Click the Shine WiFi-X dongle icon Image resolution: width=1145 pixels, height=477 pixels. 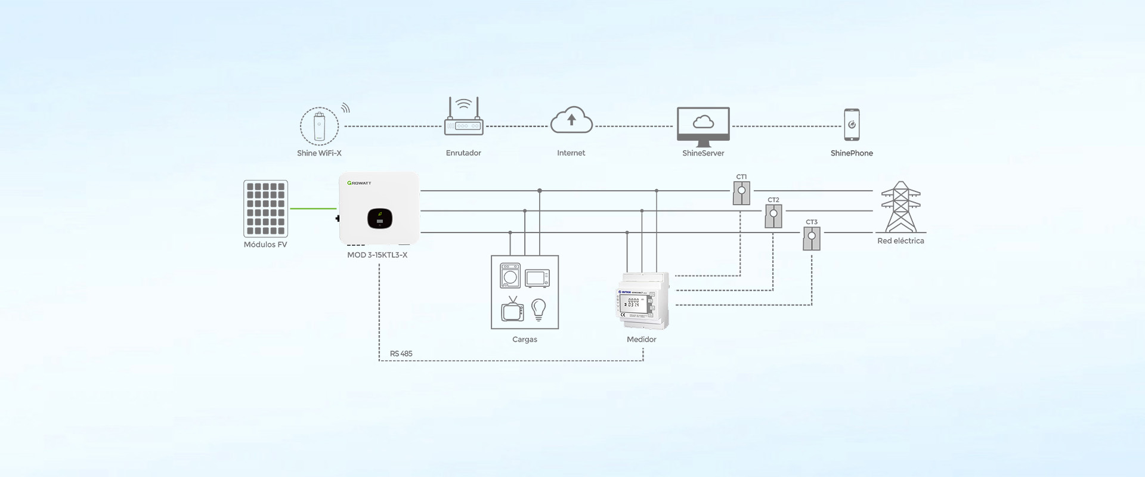[x=319, y=126]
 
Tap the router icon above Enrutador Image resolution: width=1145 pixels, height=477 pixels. [x=463, y=118]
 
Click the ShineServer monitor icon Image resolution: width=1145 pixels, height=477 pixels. [x=703, y=126]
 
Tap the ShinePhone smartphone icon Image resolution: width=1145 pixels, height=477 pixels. [x=852, y=125]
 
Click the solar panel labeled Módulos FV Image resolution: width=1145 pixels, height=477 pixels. [x=265, y=209]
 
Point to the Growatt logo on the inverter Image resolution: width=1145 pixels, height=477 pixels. [x=359, y=183]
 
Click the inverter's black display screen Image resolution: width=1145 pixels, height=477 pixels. [x=379, y=218]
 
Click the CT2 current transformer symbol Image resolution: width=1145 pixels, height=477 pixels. [x=773, y=216]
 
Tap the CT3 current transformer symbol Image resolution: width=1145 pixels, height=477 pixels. [x=812, y=238]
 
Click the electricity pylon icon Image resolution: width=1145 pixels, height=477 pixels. [x=900, y=207]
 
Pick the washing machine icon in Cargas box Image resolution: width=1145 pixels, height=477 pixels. [x=510, y=276]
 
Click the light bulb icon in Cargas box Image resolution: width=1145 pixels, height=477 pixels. [x=539, y=309]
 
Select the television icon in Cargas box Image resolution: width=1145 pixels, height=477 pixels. [x=512, y=309]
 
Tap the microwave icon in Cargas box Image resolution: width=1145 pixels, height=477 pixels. [x=537, y=278]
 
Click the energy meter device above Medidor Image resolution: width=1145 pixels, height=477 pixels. [x=642, y=301]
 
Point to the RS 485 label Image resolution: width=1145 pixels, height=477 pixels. [x=401, y=354]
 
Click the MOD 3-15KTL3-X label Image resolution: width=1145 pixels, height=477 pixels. [x=377, y=255]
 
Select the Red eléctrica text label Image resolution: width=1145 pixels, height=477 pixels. [x=900, y=241]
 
